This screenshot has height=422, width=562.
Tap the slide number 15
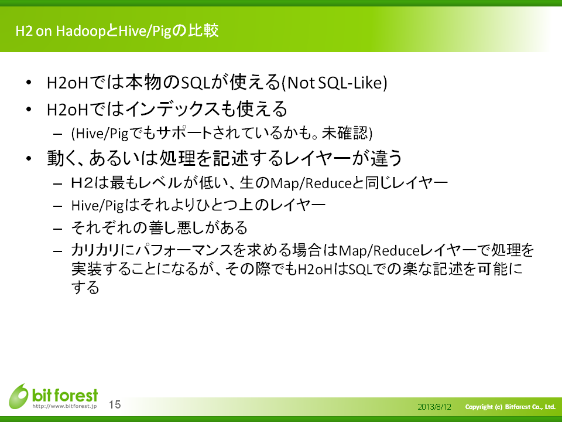[x=115, y=405]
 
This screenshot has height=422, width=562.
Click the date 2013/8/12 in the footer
[x=434, y=407]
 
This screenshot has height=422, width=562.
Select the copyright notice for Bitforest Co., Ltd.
[x=510, y=407]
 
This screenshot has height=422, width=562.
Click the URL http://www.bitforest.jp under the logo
[x=64, y=406]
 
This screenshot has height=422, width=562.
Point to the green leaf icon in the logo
[x=19, y=396]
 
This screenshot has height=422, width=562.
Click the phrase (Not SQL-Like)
[x=334, y=83]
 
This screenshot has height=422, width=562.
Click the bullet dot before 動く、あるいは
[x=29, y=158]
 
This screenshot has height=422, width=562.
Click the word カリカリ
[x=95, y=250]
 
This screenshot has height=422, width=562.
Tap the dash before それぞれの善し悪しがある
[x=58, y=229]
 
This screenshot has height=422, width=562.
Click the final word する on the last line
[x=85, y=287]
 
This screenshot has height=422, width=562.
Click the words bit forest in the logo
[x=65, y=395]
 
